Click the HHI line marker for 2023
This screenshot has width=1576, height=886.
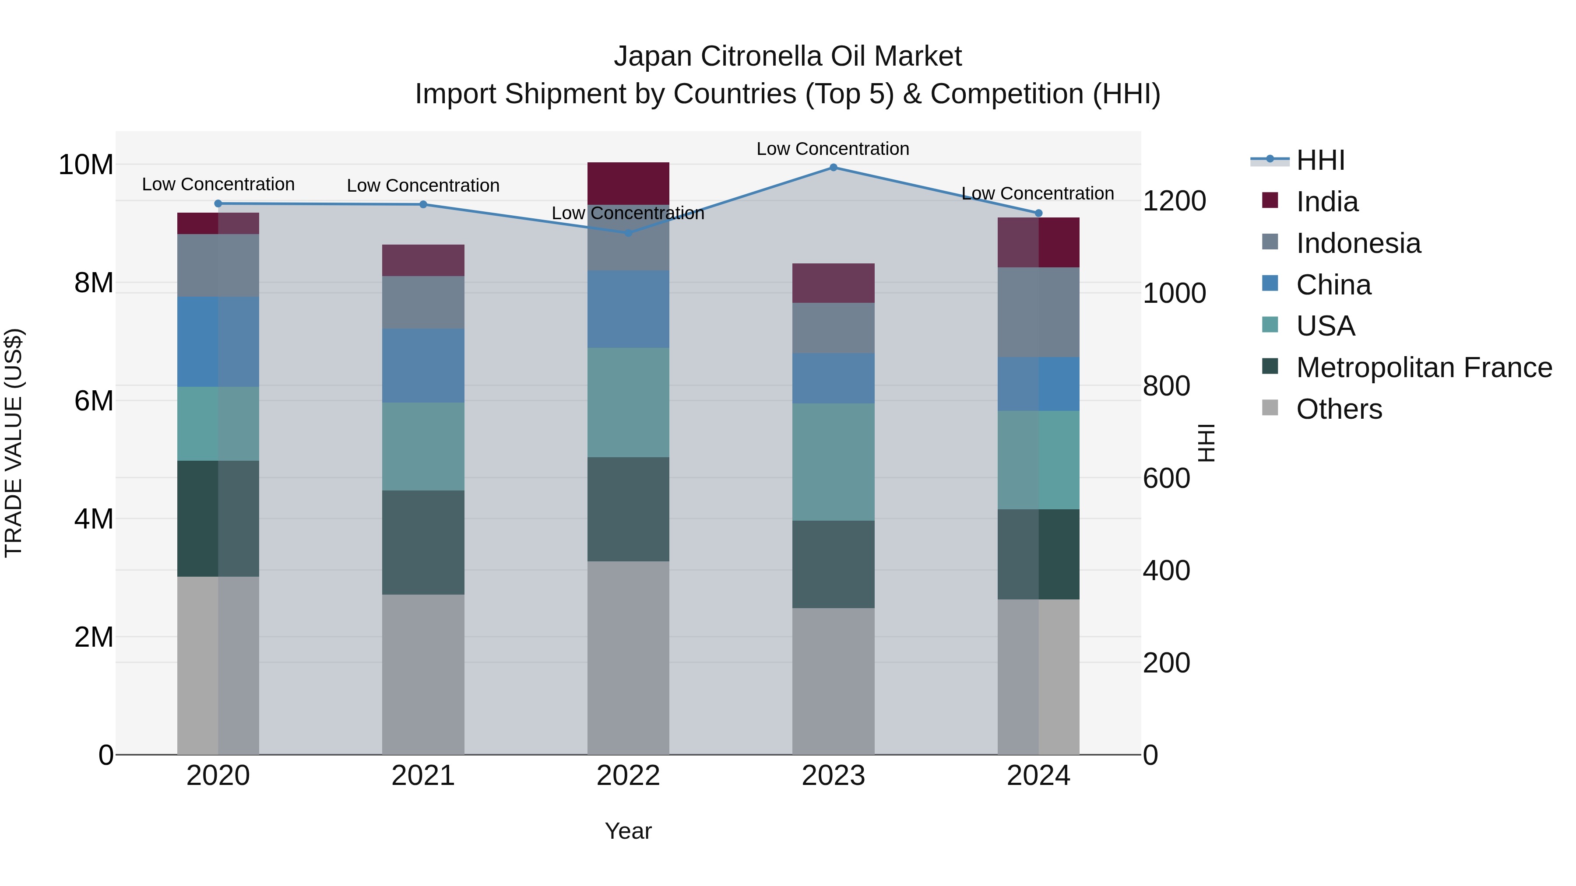click(833, 167)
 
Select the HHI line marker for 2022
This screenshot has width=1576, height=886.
click(628, 232)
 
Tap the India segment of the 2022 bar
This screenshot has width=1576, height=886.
click(628, 183)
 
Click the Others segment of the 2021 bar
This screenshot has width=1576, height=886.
click(423, 674)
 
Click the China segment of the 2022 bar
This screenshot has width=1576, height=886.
click(628, 309)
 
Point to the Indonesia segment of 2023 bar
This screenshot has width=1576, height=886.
click(833, 328)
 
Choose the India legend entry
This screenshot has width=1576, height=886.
click(1326, 201)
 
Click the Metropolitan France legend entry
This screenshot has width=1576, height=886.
click(1423, 368)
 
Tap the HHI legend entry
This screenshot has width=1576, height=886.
click(1320, 160)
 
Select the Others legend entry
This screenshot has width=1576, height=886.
click(1339, 409)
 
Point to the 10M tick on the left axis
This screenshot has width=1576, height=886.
click(86, 165)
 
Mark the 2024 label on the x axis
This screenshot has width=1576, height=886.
click(1038, 776)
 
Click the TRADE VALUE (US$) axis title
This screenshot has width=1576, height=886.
click(14, 443)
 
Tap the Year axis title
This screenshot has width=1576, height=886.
click(628, 831)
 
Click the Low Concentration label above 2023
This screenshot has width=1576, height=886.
click(833, 149)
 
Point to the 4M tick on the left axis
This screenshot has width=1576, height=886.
click(94, 518)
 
